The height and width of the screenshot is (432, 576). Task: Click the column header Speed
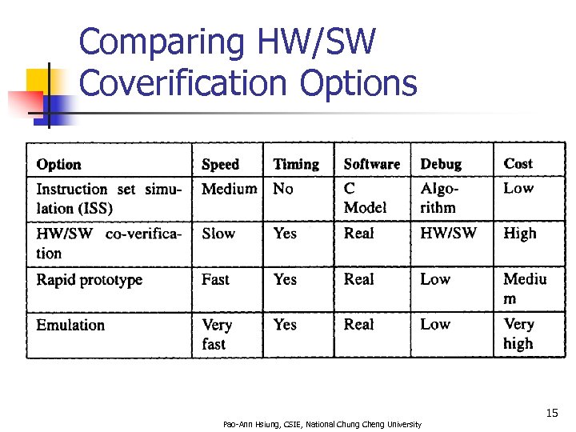pos(220,164)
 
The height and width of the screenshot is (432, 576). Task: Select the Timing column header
pos(295,164)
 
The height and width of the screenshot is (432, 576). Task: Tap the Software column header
pos(371,164)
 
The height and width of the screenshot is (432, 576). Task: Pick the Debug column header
pos(441,164)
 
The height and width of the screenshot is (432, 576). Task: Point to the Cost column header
pos(518,163)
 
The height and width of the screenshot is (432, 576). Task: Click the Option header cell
pos(58,164)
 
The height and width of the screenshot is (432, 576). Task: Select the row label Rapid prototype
pos(89,280)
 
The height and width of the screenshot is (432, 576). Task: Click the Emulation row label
pos(70,325)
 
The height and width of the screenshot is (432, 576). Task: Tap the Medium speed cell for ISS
pos(229,189)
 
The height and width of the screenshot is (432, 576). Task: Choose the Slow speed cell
pos(218,234)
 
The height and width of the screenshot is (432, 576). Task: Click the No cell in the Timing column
pos(283,189)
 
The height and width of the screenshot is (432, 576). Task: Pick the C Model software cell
pos(365,198)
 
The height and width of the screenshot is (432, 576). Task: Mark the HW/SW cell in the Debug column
pos(448,233)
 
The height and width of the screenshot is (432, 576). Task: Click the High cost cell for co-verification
pos(519,234)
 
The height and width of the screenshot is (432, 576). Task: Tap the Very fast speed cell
pos(216,334)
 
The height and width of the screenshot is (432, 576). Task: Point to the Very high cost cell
pos(518,334)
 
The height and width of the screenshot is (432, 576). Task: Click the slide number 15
pos(551,413)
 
